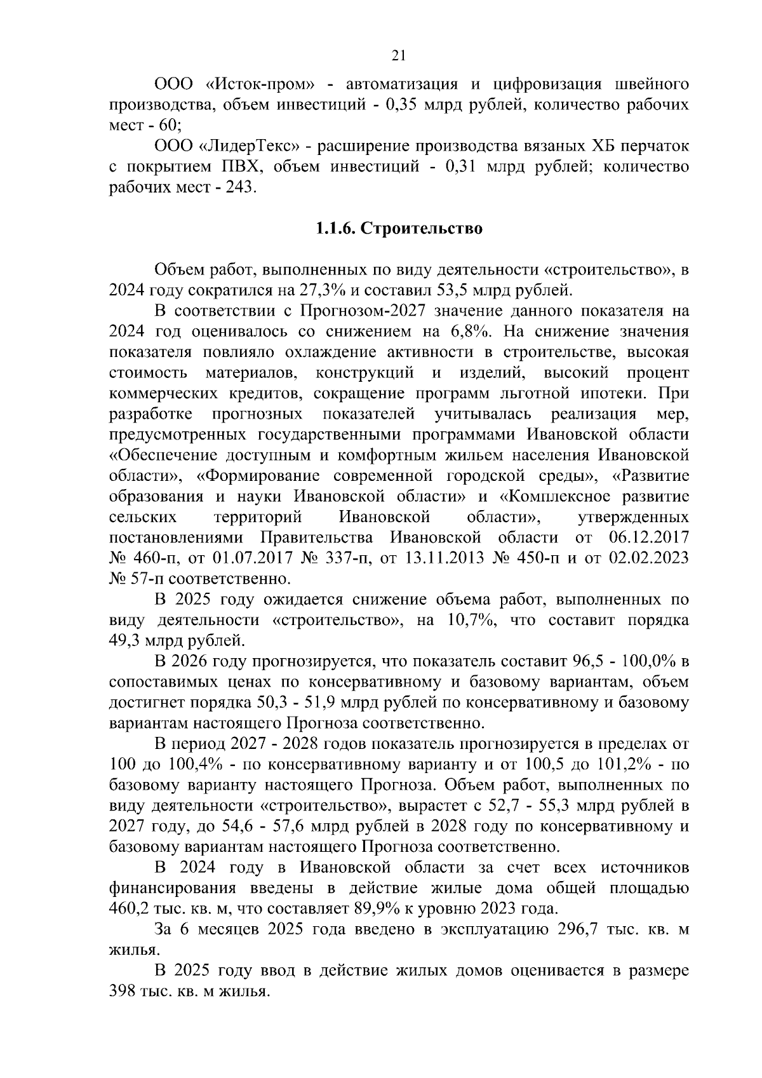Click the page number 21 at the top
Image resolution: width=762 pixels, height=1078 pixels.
pyautogui.click(x=398, y=56)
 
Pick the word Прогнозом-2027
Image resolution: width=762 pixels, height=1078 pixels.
pyautogui.click(x=361, y=311)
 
